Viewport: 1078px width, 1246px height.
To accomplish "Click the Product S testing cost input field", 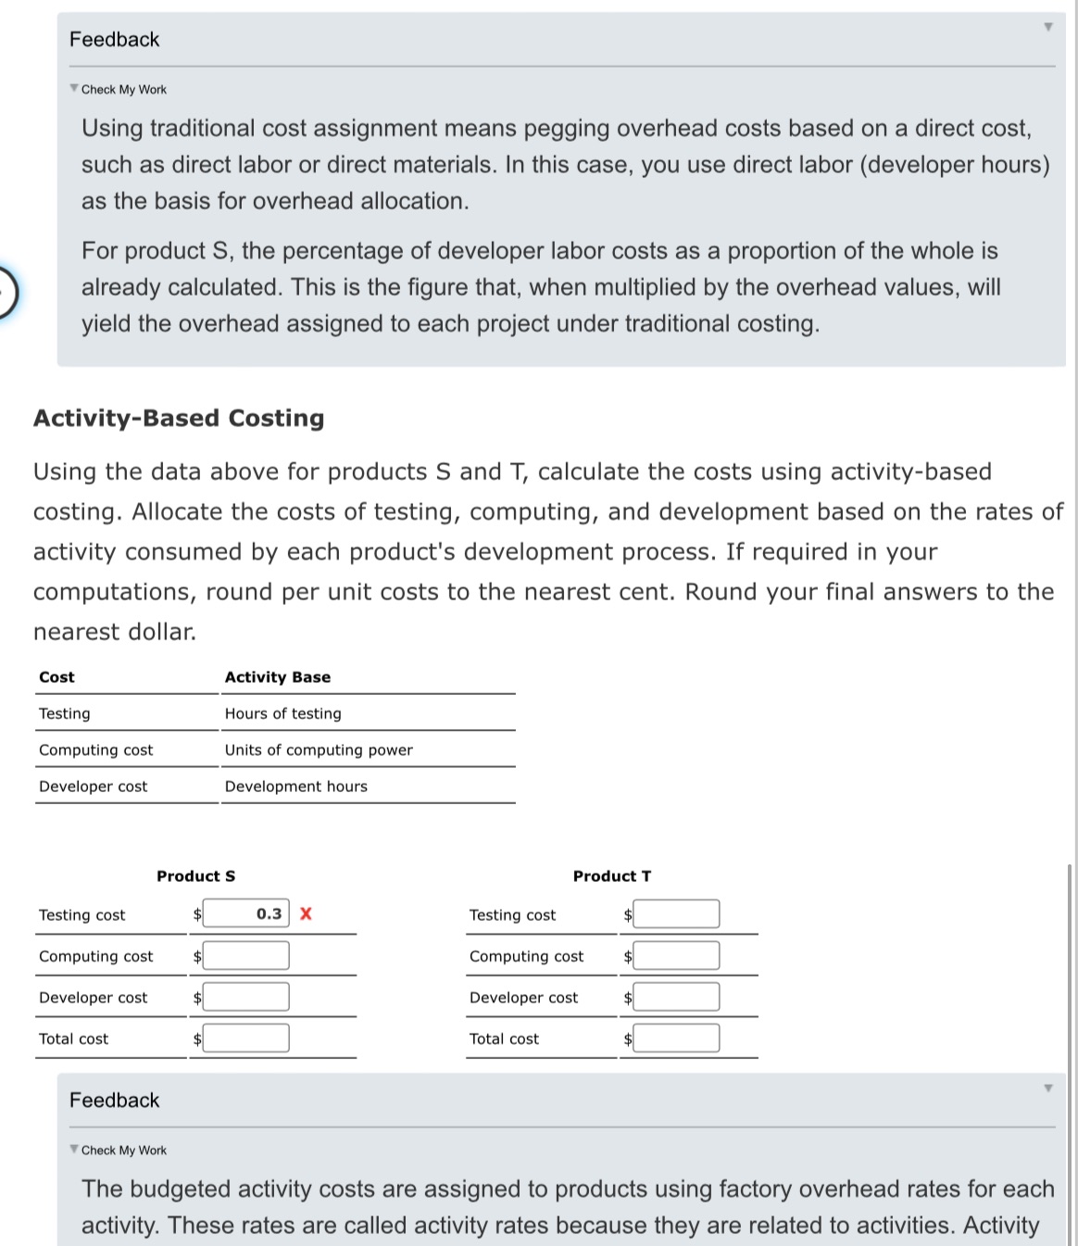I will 246,914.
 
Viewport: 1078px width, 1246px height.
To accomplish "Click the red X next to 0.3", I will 306,914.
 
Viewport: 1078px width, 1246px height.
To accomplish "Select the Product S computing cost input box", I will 246,955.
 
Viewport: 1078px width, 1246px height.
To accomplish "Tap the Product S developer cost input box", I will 246,997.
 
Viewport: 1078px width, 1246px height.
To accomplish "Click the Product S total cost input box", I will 246,1038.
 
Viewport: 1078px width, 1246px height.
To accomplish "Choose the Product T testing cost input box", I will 676,914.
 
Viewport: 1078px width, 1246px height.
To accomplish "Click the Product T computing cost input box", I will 676,955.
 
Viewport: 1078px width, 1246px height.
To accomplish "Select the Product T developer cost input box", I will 676,997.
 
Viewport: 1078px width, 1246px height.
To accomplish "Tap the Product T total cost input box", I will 676,1038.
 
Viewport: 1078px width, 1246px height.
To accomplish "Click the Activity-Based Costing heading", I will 179,418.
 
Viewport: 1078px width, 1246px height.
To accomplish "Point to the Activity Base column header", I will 277,677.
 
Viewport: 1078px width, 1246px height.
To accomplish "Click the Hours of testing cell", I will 282,713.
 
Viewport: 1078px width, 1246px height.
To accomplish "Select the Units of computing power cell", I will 319,750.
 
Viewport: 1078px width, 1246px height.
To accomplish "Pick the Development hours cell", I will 295,787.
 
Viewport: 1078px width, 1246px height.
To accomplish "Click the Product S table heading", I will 195,876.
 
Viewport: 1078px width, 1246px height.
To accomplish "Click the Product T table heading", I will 611,876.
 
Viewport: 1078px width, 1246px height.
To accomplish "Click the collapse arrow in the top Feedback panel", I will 1047,27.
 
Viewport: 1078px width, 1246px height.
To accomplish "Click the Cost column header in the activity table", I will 56,677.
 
